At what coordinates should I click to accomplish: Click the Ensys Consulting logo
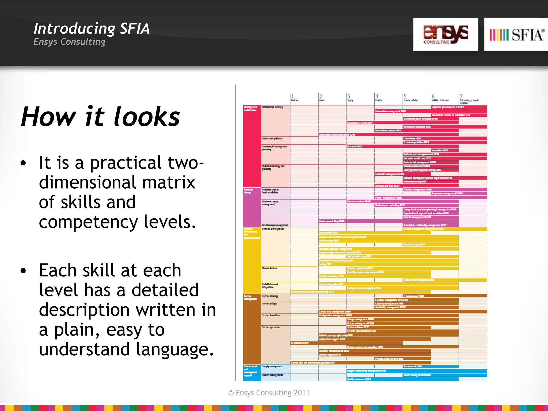(x=446, y=35)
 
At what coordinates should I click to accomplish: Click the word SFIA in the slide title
(x=135, y=29)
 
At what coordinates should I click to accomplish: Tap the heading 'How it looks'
(x=100, y=117)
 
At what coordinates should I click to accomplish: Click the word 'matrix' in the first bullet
(x=169, y=182)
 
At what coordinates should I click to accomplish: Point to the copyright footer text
(x=269, y=393)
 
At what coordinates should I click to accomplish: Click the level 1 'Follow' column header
(x=294, y=98)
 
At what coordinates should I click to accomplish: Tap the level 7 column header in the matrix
(x=470, y=99)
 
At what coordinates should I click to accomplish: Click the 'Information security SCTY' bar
(x=402, y=123)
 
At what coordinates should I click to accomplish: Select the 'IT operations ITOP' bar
(x=347, y=343)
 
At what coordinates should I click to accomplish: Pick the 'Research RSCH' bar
(x=402, y=146)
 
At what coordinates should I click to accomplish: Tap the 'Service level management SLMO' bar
(x=402, y=311)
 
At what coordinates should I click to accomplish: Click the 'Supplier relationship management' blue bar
(x=416, y=371)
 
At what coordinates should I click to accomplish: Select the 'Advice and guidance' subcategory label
(x=272, y=139)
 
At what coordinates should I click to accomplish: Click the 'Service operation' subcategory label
(x=271, y=327)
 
